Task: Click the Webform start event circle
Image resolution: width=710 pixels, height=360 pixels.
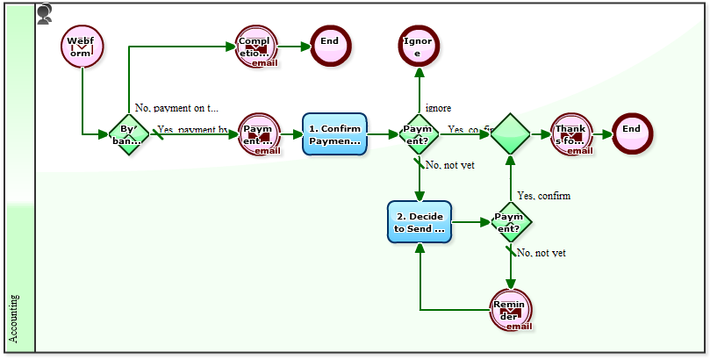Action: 82,47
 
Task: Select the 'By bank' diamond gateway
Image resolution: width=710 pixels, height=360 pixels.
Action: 129,134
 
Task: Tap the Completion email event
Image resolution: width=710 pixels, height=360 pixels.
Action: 256,47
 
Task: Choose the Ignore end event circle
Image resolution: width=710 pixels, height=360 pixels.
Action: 419,47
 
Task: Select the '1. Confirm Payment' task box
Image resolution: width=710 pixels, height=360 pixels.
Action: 334,134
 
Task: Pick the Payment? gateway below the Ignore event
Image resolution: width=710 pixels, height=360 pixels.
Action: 420,134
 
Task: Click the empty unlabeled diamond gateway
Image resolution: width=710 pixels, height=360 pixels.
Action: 510,134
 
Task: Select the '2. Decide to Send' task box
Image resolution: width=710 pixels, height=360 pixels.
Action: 420,222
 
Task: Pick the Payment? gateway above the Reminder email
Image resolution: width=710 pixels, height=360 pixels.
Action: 510,222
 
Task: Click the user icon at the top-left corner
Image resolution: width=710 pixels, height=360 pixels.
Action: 45,12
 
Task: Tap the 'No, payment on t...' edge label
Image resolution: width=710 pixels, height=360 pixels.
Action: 176,108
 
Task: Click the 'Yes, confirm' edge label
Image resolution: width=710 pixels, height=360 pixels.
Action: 543,195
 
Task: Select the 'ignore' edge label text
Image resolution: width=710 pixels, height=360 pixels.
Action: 438,108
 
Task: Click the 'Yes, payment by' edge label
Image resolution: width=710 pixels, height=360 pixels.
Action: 192,130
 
